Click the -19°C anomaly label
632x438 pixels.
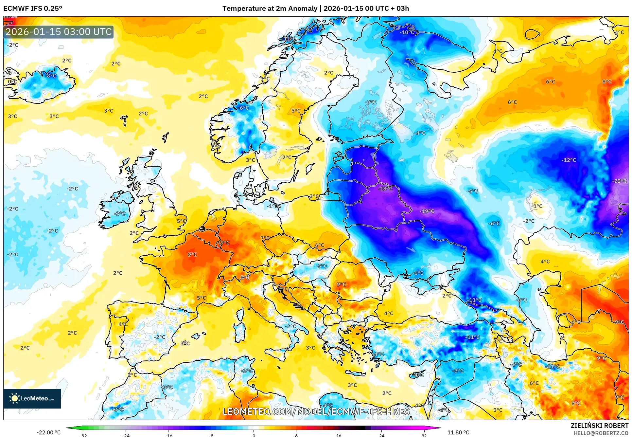coord(427,211)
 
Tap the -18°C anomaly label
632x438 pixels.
coord(385,189)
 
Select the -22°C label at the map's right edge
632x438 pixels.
coord(619,181)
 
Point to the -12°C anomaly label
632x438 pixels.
coord(569,160)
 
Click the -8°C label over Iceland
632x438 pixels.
coord(50,76)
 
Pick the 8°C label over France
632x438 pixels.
coord(192,254)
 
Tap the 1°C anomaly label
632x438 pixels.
coord(538,206)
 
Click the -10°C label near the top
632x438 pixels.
coord(407,32)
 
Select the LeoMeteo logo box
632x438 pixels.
coord(32,398)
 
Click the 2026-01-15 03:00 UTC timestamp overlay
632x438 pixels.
coord(59,32)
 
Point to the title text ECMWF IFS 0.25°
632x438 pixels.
coord(33,8)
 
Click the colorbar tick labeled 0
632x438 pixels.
coord(254,435)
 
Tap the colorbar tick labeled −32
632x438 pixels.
coord(83,435)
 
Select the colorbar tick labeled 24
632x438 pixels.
coord(381,435)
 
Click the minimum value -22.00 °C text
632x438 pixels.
coord(48,432)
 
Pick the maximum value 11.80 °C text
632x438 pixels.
coord(458,432)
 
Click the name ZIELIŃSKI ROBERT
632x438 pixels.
coord(599,426)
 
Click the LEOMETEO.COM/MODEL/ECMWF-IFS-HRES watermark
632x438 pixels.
coord(316,411)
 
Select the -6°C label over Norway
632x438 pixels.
coord(243,108)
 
